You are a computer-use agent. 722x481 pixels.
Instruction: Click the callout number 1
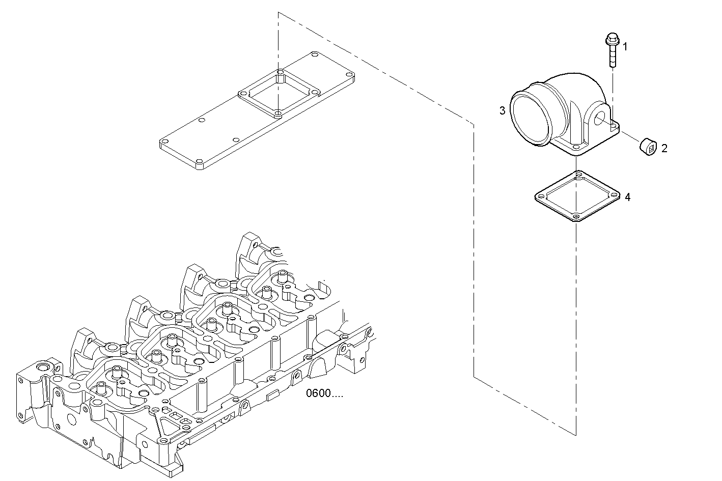tap(625, 47)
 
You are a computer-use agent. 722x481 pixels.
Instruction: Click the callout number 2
tap(664, 148)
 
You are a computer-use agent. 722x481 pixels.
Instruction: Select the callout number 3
tap(502, 110)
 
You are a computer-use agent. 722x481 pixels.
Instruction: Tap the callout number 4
tap(627, 197)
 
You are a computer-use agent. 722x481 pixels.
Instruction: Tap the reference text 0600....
tap(324, 393)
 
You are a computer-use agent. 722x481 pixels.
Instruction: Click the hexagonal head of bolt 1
tap(612, 39)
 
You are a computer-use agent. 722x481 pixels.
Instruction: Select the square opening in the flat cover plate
tap(277, 94)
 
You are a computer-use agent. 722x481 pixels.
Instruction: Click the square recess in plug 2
tap(650, 149)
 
